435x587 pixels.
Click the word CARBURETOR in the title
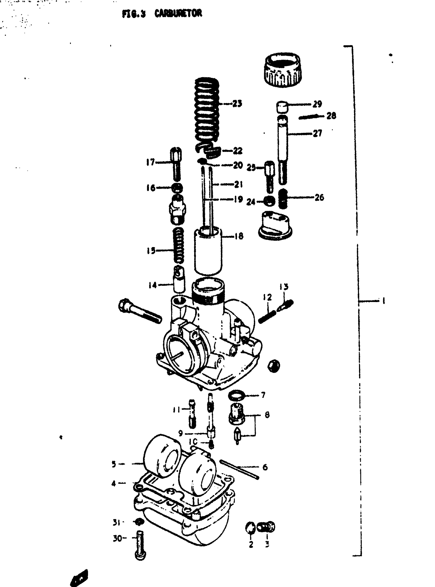click(x=178, y=13)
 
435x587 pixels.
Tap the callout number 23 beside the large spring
click(x=237, y=104)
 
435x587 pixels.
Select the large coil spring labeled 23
click(x=207, y=110)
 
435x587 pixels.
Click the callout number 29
click(x=317, y=104)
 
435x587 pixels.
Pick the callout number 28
click(x=331, y=116)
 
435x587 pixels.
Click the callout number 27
click(x=317, y=133)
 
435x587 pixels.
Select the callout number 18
click(x=239, y=236)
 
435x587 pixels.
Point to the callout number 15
click(x=151, y=251)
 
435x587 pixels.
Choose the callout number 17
click(x=150, y=162)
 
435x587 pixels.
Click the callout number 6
click(x=265, y=467)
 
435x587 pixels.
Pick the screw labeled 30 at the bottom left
click(x=140, y=545)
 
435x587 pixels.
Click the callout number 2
click(x=251, y=544)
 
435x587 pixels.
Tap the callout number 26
click(x=319, y=197)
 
